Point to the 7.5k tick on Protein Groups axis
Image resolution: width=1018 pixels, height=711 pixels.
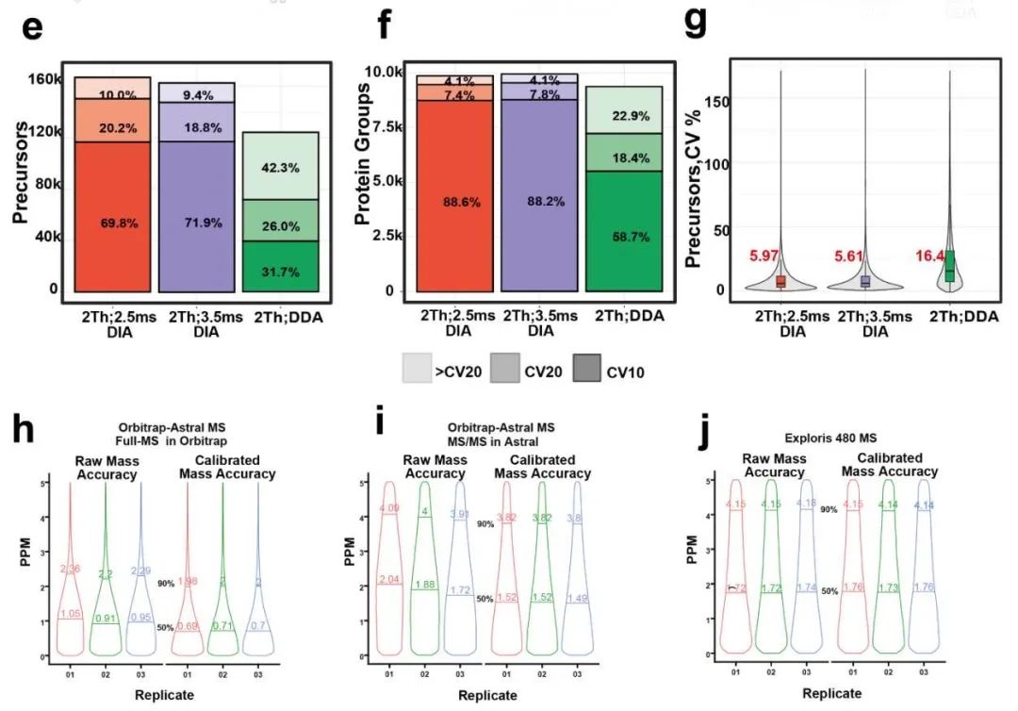point(391,127)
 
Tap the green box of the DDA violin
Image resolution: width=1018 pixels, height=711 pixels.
point(949,267)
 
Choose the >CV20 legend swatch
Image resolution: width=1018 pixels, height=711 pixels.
point(415,371)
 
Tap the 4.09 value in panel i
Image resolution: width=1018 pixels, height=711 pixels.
point(389,510)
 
